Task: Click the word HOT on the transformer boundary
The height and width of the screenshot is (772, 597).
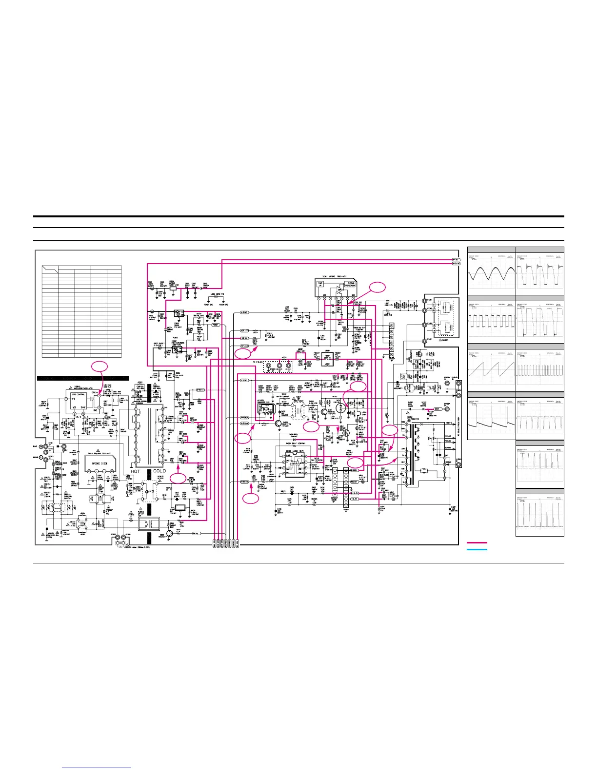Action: coord(135,471)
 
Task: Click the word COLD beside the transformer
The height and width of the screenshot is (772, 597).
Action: coord(159,471)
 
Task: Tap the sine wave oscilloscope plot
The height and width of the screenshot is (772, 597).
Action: coord(491,272)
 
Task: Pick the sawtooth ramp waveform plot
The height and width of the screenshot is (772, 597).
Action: coord(491,369)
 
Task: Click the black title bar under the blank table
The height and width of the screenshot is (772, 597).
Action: coord(83,378)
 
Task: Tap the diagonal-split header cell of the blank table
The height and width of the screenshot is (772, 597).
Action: coord(50,268)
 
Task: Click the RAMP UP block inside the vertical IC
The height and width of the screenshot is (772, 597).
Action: coord(320,284)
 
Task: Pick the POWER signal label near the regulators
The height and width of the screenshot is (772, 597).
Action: coord(215,325)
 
